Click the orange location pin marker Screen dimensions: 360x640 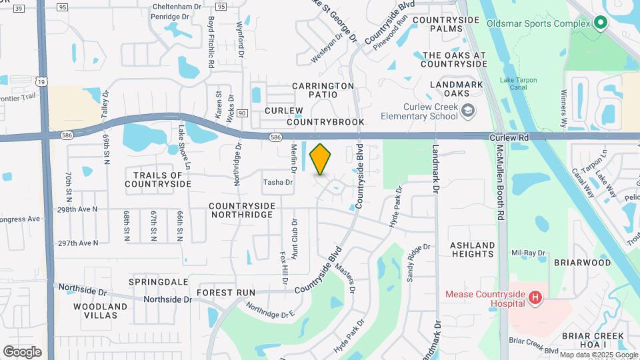pyautogui.click(x=321, y=159)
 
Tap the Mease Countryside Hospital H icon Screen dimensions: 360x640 pyautogui.click(x=535, y=298)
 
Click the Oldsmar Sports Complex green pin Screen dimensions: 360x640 pyautogui.click(x=600, y=23)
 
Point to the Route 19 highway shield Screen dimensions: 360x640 pyautogui.click(x=43, y=81)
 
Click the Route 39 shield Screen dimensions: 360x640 pyautogui.click(x=19, y=7)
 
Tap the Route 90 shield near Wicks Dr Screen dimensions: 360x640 pyautogui.click(x=242, y=114)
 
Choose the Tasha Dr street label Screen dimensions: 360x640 pyautogui.click(x=278, y=182)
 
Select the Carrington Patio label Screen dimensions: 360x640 pyautogui.click(x=323, y=90)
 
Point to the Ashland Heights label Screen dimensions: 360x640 pyautogui.click(x=473, y=249)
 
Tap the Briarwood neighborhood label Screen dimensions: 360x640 pyautogui.click(x=582, y=263)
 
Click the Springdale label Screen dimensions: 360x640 pyautogui.click(x=158, y=282)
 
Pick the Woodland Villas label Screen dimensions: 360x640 pyautogui.click(x=100, y=311)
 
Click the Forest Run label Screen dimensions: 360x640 pyautogui.click(x=226, y=292)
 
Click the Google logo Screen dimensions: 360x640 pyautogui.click(x=22, y=352)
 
